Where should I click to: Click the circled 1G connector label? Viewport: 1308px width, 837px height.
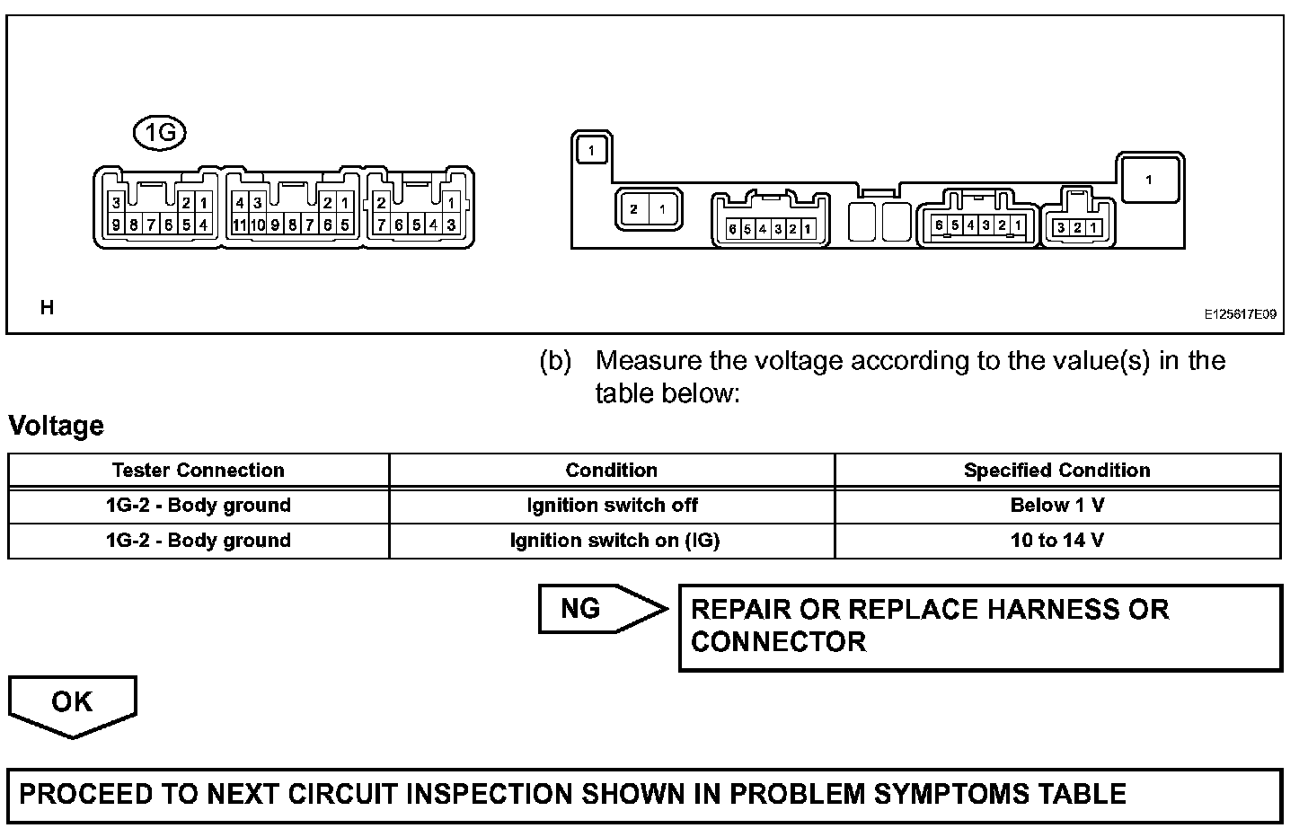[x=159, y=134]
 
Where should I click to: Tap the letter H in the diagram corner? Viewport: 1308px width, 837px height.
[x=47, y=308]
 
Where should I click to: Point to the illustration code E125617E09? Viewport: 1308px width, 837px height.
[x=1240, y=314]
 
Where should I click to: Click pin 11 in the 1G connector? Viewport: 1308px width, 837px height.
[x=239, y=225]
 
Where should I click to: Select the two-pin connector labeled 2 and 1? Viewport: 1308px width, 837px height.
[x=648, y=209]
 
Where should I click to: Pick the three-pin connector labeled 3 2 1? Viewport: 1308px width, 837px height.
[x=1076, y=227]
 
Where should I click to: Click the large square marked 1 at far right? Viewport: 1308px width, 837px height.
[x=1149, y=180]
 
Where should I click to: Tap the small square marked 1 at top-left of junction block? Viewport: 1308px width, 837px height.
[x=591, y=150]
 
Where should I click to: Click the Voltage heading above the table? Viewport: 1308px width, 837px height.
[x=56, y=426]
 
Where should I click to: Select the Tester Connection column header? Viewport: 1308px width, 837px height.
[x=198, y=471]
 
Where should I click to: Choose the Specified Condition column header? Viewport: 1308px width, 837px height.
[x=1056, y=471]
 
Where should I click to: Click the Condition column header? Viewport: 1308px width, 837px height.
[x=611, y=471]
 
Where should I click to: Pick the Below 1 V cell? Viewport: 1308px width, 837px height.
[x=1056, y=506]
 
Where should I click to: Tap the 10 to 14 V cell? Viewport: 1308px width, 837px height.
[x=1056, y=541]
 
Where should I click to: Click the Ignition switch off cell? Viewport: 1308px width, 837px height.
[x=611, y=506]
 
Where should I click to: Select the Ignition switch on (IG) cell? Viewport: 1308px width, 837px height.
[x=614, y=541]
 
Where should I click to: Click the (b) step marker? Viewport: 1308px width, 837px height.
[x=555, y=361]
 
